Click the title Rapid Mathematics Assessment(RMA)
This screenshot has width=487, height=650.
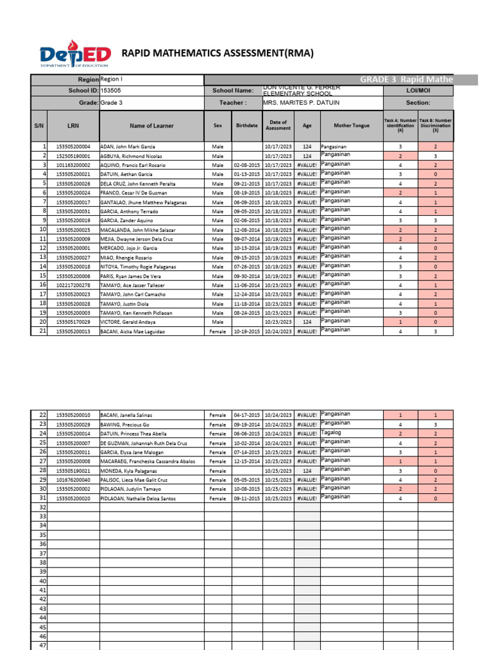point(218,54)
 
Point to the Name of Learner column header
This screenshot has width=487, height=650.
point(152,126)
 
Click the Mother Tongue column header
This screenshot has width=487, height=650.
point(351,126)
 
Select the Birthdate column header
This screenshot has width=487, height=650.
point(247,126)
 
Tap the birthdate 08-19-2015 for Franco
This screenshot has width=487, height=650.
point(247,192)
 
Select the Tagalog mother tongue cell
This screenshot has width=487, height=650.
point(333,432)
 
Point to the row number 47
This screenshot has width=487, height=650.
point(43,645)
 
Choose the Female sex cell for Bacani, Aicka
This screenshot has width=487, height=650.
point(218,331)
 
